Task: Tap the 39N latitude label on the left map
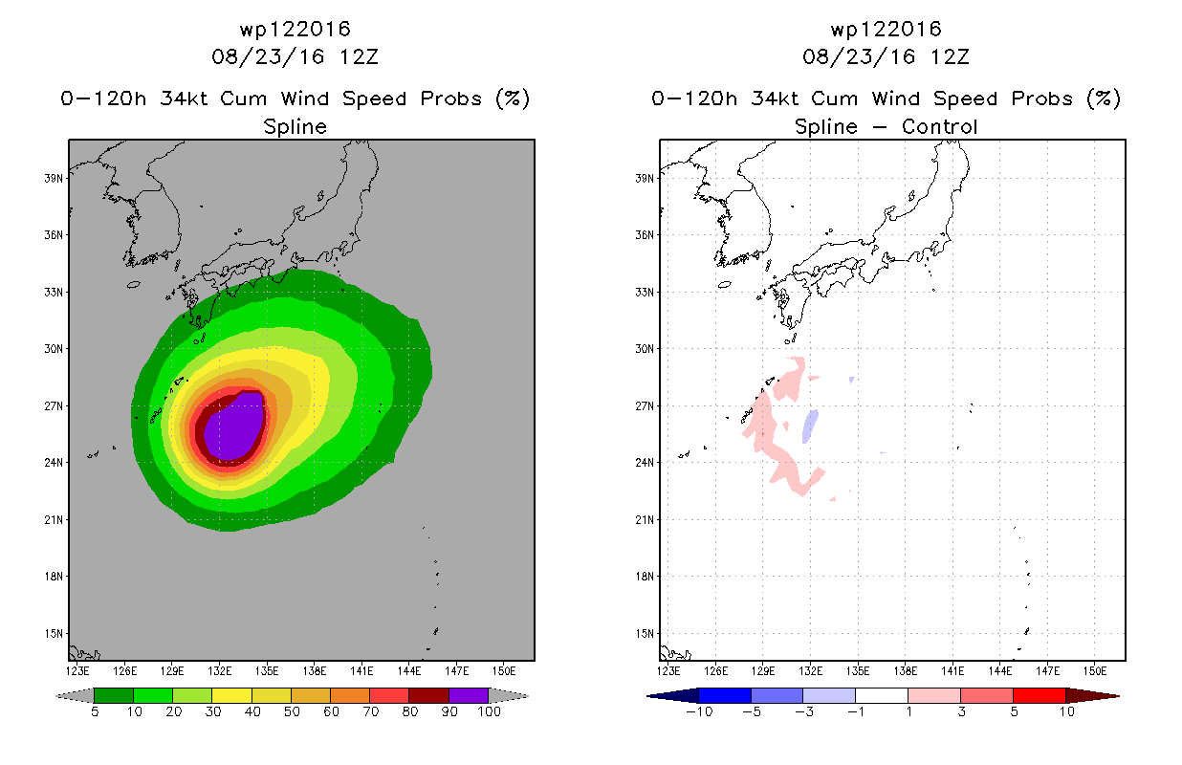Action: point(54,178)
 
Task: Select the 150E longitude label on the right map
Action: point(1095,671)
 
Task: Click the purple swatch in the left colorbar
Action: point(469,695)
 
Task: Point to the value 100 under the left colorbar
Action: point(489,711)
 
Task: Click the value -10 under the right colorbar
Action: point(699,711)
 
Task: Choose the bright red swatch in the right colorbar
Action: point(1040,695)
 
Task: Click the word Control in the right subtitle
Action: point(940,126)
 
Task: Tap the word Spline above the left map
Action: point(295,127)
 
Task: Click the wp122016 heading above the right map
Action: point(886,29)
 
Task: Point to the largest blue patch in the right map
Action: point(810,426)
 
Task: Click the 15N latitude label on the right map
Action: point(645,634)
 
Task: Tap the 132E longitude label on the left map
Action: point(220,671)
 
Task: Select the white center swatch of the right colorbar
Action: point(881,695)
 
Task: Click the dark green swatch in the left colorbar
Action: point(114,695)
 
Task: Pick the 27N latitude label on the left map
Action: point(54,405)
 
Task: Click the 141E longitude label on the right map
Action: point(953,671)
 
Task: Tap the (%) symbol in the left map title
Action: point(513,98)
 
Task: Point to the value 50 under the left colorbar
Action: point(292,711)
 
